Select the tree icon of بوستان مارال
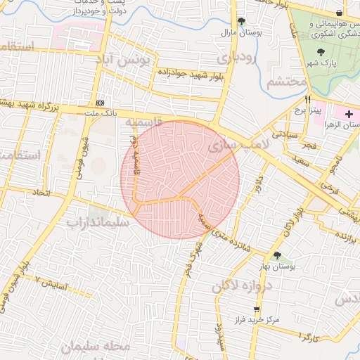click(243, 22)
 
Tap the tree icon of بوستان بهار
click(277, 255)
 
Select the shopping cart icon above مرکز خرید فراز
click(257, 309)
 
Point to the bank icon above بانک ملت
click(99, 103)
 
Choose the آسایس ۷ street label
click(52, 285)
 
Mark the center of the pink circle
click(180, 180)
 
